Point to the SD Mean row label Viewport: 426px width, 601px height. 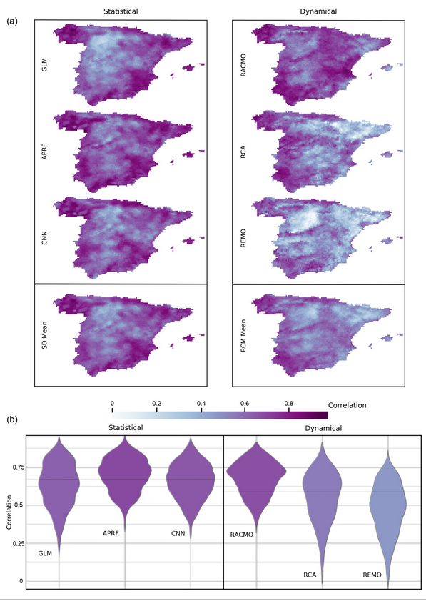(44, 329)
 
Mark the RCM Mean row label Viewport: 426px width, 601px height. (243, 328)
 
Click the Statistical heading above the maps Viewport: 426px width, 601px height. (121, 11)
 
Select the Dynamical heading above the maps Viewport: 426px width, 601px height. (318, 11)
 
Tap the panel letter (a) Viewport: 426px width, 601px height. (12, 21)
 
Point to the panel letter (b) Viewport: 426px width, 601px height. (12, 421)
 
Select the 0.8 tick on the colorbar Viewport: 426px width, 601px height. (288, 404)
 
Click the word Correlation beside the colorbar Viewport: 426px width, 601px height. (347, 405)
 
